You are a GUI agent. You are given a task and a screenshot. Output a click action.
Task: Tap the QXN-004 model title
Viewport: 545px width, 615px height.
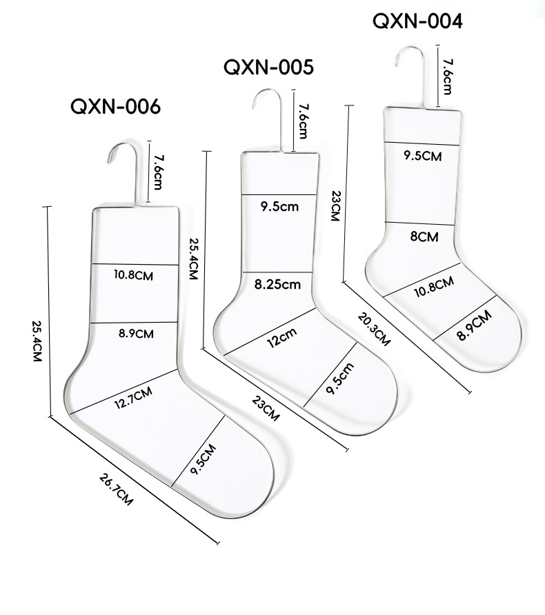pos(417,21)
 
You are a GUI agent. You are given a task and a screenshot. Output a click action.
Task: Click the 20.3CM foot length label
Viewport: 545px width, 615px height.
pos(375,329)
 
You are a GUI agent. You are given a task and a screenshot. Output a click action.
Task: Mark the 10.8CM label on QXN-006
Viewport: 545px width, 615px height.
pos(134,274)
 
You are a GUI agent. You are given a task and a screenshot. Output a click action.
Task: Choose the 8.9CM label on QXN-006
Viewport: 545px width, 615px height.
pos(135,334)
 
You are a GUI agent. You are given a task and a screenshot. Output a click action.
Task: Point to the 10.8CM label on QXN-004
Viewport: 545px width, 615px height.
pos(433,285)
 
